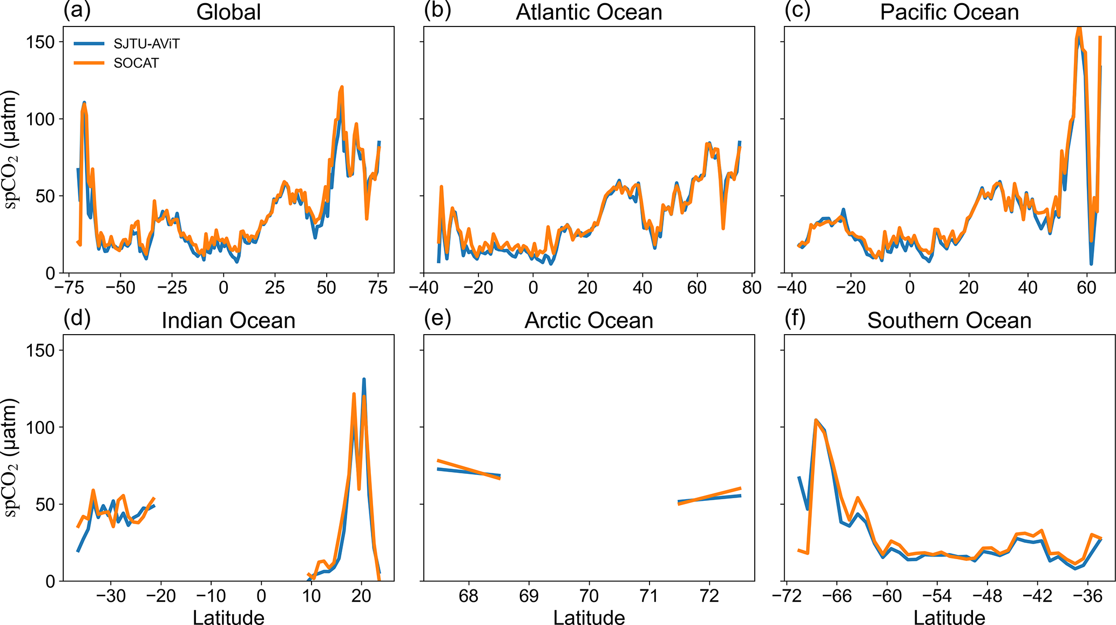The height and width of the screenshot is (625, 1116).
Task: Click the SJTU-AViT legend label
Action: tap(146, 44)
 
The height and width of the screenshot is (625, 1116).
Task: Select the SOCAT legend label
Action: tap(136, 63)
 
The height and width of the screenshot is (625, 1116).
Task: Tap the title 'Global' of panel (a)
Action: tap(228, 12)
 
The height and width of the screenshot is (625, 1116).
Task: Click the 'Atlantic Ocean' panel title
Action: tap(589, 12)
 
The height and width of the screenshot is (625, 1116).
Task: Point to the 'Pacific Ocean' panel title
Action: tap(949, 12)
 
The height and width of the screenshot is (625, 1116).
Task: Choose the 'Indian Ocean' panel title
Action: tap(228, 321)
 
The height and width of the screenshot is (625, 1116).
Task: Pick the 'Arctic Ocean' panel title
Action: tap(589, 321)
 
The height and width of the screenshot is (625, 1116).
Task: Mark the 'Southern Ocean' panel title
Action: tap(949, 321)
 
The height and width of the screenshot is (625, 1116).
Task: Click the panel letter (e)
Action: tap(437, 318)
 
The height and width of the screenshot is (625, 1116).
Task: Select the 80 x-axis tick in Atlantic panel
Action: tap(752, 288)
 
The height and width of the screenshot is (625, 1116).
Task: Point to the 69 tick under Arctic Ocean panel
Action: tap(529, 596)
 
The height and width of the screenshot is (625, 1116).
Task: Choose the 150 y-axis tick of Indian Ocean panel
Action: tap(40, 350)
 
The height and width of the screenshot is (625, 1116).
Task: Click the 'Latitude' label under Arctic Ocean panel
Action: tap(589, 617)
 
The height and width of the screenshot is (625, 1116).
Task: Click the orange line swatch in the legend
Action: tap(89, 63)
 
